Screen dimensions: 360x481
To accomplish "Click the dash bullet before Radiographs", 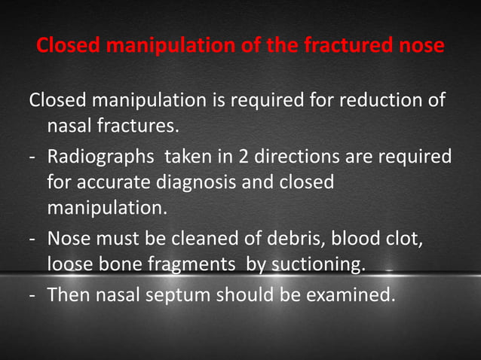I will pyautogui.click(x=34, y=159).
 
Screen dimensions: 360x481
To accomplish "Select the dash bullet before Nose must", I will pyautogui.click(x=34, y=241).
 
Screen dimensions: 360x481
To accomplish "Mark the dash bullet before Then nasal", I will pyautogui.click(x=34, y=294).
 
